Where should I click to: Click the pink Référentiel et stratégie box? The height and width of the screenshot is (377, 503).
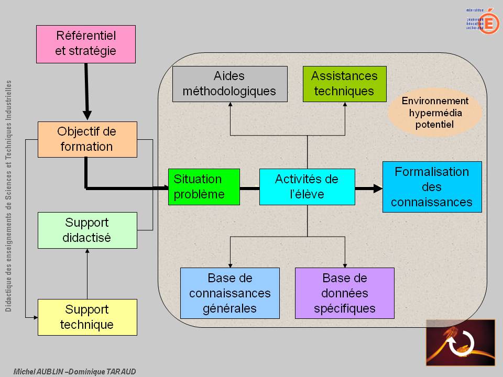[86, 44]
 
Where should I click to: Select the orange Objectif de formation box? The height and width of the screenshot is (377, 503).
[87, 139]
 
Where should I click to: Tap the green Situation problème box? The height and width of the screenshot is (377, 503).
[203, 187]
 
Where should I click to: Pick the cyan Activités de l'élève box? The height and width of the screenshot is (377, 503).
[307, 187]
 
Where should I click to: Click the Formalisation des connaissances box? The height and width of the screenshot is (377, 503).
[432, 187]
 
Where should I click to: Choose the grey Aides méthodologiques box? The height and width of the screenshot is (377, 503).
[229, 84]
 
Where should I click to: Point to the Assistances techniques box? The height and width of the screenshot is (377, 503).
[344, 84]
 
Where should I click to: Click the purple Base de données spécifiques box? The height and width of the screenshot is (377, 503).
[344, 293]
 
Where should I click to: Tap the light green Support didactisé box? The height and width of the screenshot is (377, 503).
[87, 230]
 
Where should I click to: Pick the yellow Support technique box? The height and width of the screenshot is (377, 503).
[87, 317]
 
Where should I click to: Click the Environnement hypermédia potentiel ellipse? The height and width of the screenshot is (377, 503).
[435, 113]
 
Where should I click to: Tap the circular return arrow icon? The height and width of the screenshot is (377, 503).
[460, 343]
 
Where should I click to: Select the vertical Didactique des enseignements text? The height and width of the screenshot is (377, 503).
[9, 196]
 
